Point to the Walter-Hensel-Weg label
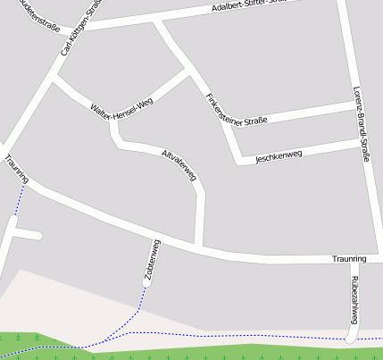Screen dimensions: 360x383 click(122, 106)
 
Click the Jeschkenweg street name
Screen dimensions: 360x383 click(279, 156)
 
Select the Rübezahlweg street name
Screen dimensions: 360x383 click(354, 299)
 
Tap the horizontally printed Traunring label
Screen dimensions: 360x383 click(349, 259)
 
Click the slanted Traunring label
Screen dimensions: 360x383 click(16, 169)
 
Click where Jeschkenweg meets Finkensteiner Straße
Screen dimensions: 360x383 click(239, 162)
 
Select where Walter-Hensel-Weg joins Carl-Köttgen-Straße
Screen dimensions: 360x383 click(54, 80)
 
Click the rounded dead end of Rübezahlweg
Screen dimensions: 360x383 click(352, 337)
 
